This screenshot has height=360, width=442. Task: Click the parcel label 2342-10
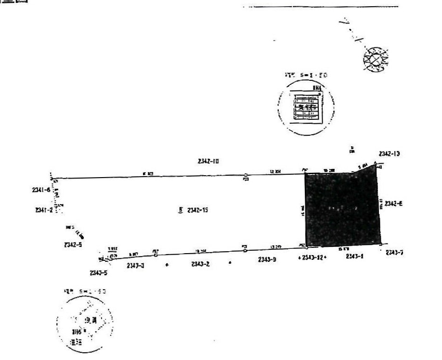coord(208,161)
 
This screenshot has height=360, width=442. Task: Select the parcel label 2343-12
coord(313,258)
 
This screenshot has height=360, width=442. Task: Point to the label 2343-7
coord(394,253)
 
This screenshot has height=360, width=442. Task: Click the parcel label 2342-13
coord(390,154)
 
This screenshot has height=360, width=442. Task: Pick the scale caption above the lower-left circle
coord(85,292)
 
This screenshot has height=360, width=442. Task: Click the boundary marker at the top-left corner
coord(52,178)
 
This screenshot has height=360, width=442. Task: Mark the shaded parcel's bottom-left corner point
coord(307,245)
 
